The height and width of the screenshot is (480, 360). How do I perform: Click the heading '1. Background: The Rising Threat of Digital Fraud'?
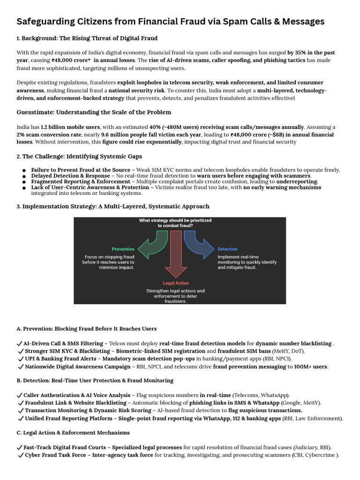pos(87,38)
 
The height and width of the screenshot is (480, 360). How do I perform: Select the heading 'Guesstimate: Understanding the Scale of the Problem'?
pos(94,112)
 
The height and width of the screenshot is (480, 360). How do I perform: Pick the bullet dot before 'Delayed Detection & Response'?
pos(24,176)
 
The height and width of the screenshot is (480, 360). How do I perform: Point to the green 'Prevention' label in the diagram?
pos(123,249)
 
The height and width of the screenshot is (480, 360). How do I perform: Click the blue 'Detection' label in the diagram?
pos(227,249)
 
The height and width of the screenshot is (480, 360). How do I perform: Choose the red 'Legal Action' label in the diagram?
pos(175,283)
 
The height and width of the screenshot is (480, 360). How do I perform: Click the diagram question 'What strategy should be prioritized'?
pos(175,220)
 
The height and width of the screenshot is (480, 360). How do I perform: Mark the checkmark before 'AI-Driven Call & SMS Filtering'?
pos(19,344)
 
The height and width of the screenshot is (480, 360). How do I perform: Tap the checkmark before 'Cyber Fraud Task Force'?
pos(21,455)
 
